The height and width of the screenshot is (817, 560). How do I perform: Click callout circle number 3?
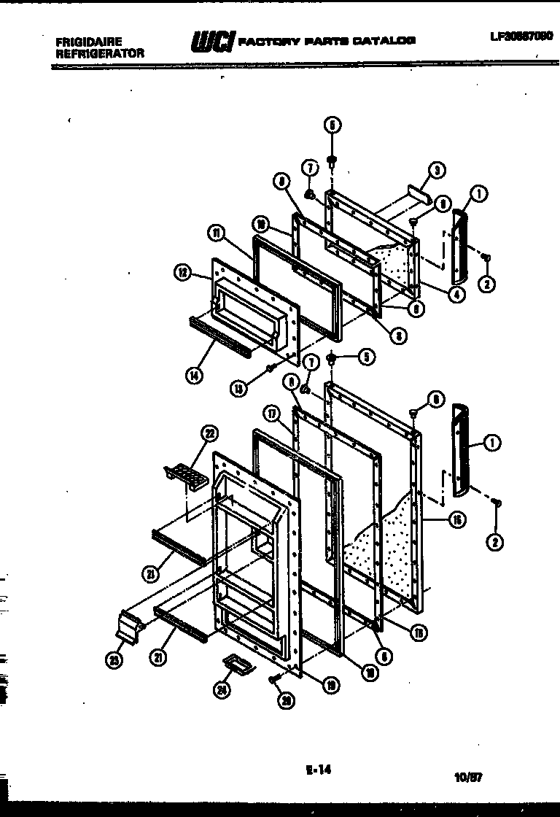[437, 171]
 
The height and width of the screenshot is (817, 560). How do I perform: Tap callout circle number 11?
[217, 234]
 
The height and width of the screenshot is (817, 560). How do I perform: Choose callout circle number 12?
[182, 274]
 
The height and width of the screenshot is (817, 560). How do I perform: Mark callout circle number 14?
[192, 376]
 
